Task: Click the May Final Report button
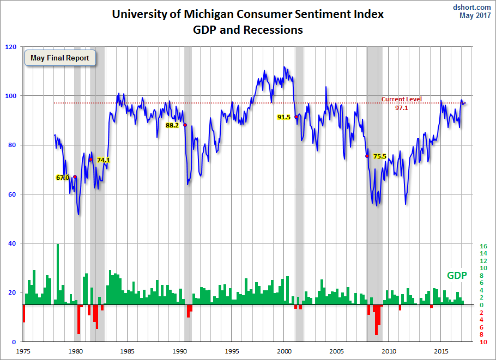[x=60, y=58]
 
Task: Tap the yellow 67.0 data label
[x=63, y=178]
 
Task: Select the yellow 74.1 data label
[x=104, y=160]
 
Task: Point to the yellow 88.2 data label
[x=172, y=125]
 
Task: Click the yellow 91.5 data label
[x=284, y=117]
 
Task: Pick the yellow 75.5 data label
[x=379, y=156]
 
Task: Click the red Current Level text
[x=401, y=99]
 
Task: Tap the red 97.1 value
[x=402, y=108]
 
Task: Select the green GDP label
[x=457, y=276]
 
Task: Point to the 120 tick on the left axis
[x=11, y=47]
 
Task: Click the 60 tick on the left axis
[x=13, y=194]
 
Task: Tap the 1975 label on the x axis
[x=23, y=352]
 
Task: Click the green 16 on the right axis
[x=483, y=246]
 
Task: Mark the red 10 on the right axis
[x=483, y=342]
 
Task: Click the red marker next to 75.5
[x=367, y=156]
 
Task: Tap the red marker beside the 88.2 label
[x=185, y=125]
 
